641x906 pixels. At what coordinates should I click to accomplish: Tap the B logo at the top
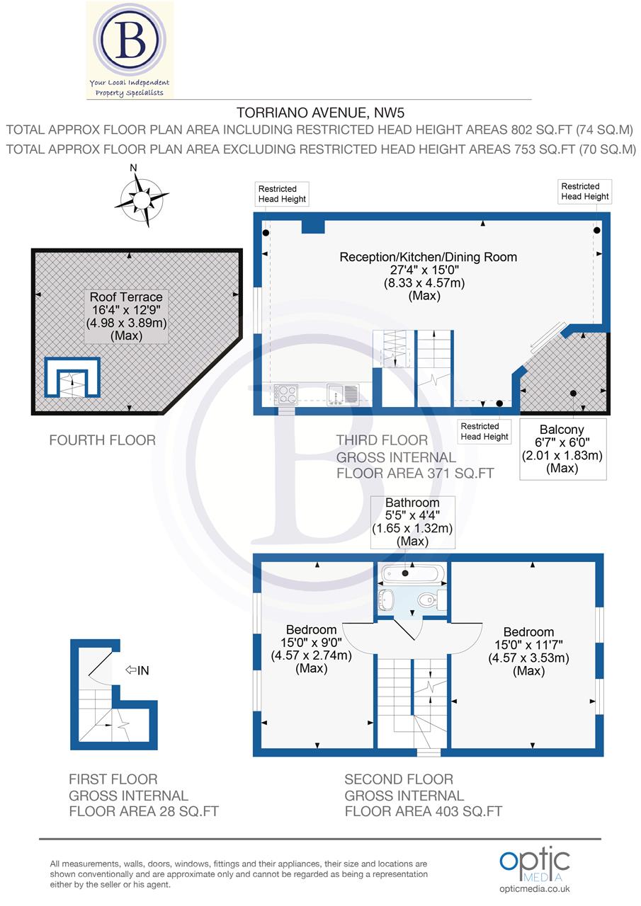(x=130, y=42)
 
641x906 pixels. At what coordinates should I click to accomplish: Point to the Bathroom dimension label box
(x=412, y=522)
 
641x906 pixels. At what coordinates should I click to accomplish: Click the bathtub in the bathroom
(x=412, y=573)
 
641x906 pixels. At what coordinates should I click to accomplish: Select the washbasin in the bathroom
(x=387, y=600)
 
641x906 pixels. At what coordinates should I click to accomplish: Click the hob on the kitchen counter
(x=286, y=393)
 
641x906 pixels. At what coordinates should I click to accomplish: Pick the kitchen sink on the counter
(x=343, y=393)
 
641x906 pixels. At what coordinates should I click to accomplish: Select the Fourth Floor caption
(x=102, y=440)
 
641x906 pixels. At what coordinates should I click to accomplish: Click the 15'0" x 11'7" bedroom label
(x=528, y=651)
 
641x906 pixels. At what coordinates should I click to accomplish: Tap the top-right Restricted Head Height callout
(x=584, y=191)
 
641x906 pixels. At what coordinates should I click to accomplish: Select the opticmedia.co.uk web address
(x=535, y=889)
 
